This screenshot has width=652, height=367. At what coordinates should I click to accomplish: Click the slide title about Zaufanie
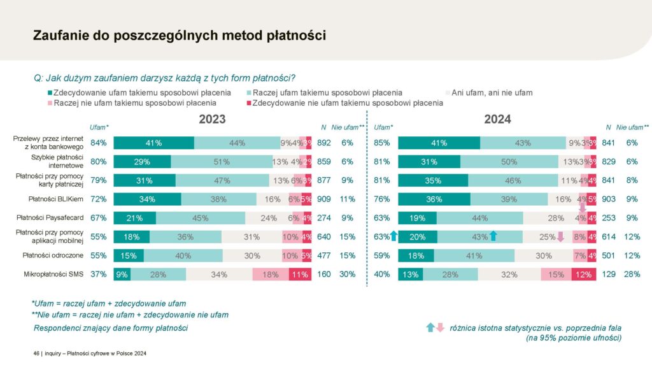(179, 36)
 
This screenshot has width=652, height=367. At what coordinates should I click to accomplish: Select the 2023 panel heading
(212, 119)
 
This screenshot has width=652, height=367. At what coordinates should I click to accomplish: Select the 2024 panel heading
(497, 119)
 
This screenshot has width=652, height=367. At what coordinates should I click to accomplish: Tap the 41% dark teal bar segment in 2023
(153, 143)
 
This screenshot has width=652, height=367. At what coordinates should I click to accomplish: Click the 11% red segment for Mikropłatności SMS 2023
(299, 275)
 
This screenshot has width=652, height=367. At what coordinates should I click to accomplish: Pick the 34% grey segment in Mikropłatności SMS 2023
(218, 275)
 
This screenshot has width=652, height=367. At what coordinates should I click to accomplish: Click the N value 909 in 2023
(324, 199)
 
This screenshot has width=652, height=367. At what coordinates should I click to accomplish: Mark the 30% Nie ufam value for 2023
(347, 275)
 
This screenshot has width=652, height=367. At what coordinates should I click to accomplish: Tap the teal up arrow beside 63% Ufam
(393, 236)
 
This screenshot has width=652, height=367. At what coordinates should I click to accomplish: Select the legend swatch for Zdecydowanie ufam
(50, 93)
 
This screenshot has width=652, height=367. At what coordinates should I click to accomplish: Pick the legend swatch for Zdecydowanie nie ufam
(248, 103)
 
